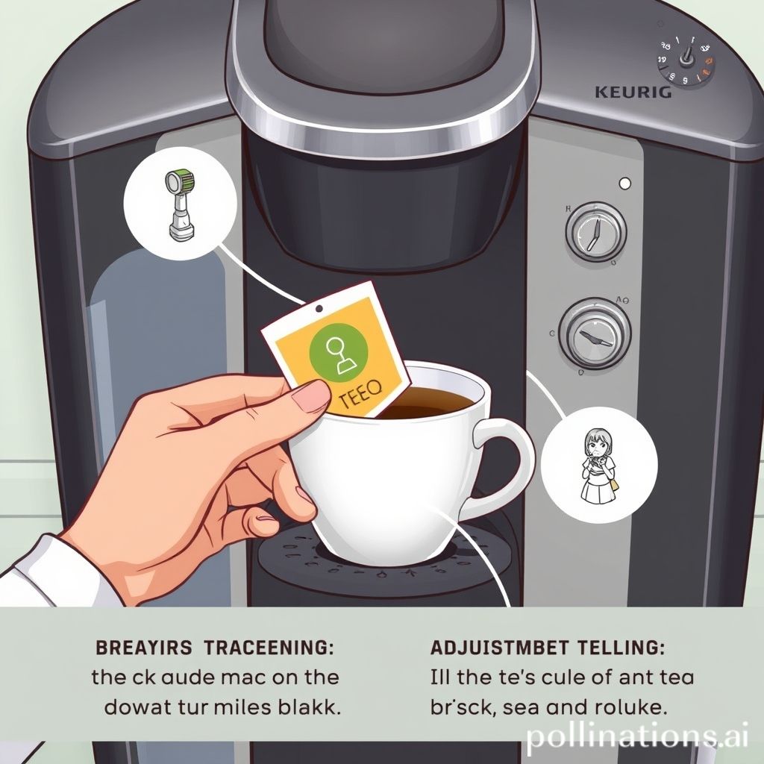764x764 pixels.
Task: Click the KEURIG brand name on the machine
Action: (x=633, y=93)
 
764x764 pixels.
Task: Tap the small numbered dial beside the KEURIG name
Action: (x=685, y=63)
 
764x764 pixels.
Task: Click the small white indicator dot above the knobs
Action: (x=625, y=183)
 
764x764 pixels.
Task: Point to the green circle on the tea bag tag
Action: (x=342, y=351)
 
